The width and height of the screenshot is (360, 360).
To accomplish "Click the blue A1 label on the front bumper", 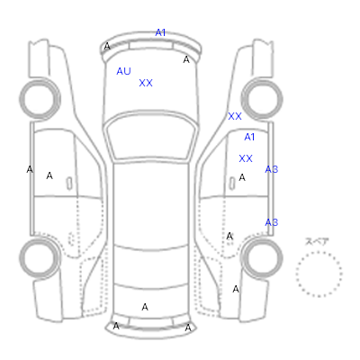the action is tap(160, 32).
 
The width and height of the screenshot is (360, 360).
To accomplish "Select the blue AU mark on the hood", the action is tap(123, 71).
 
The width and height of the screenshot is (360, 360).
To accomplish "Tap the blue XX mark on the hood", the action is tap(146, 83).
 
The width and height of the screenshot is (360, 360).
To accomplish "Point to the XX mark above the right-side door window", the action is tap(235, 116).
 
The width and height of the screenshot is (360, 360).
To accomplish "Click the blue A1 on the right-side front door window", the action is tap(249, 137).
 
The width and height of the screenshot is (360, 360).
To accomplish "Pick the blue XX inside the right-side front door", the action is tap(246, 158).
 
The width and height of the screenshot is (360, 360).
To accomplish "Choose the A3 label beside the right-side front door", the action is tap(272, 169).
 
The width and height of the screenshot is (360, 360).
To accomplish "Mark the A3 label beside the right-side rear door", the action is tap(272, 222).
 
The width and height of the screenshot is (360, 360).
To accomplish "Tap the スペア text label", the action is tap(317, 241).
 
